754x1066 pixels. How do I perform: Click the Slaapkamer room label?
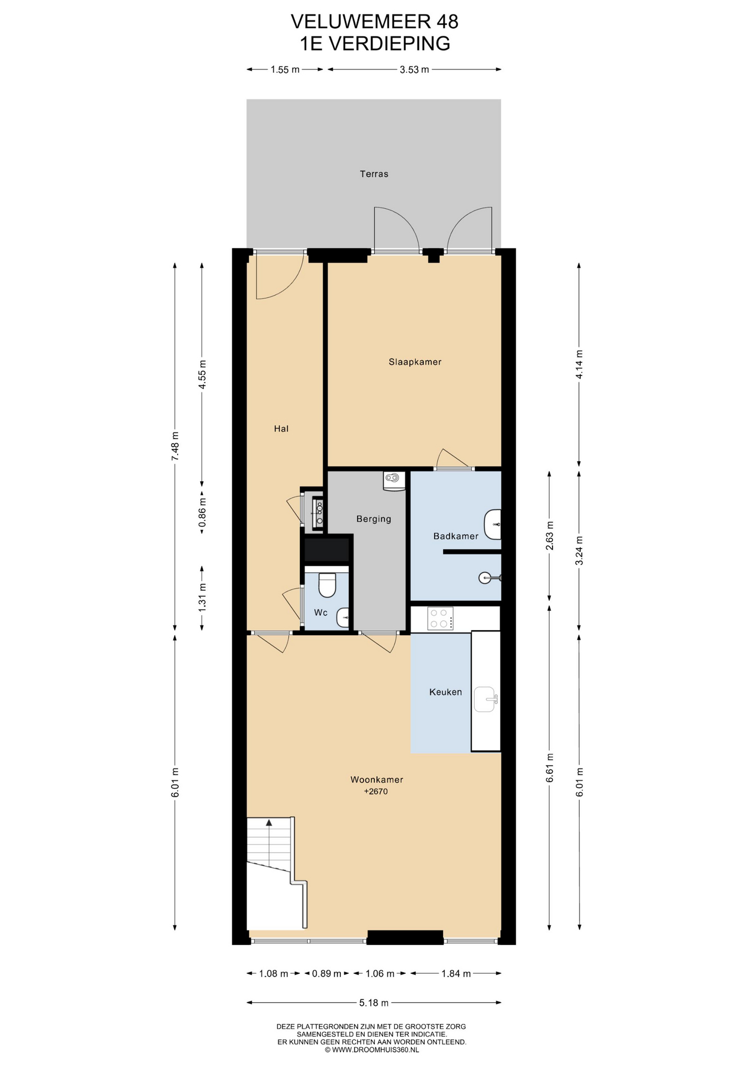point(415,362)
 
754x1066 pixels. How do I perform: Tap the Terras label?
point(374,174)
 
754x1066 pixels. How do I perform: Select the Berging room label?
point(374,519)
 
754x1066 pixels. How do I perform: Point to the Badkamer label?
point(456,536)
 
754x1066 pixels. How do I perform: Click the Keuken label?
point(445,692)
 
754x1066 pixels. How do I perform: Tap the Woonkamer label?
point(376,780)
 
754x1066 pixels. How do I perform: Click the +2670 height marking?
point(376,791)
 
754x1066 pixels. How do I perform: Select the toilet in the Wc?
point(327,585)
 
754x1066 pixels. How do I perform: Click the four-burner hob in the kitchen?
point(440,619)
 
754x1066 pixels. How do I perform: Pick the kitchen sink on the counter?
point(485,700)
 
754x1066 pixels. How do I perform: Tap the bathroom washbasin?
point(492,525)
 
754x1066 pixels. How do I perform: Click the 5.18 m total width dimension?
point(374,1002)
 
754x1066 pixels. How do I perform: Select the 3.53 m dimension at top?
point(414,69)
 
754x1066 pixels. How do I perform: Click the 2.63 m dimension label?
point(549,536)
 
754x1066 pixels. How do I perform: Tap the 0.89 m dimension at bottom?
point(326,973)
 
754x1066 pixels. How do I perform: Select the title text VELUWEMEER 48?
point(375,21)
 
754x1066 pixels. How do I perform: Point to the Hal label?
point(281,429)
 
